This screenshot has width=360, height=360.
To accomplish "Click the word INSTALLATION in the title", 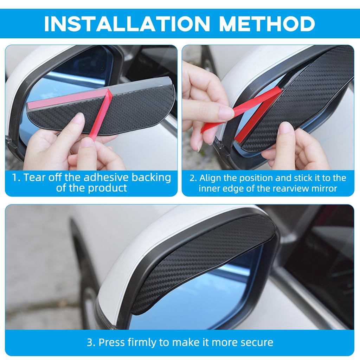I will pos(127,24).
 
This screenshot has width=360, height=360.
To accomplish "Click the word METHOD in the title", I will pos(267,24).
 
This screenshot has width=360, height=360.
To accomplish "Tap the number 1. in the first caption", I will pos(17,178).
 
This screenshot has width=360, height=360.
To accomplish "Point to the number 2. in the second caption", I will pos(193,178).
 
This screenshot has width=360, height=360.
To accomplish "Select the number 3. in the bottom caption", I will pos(91,342).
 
